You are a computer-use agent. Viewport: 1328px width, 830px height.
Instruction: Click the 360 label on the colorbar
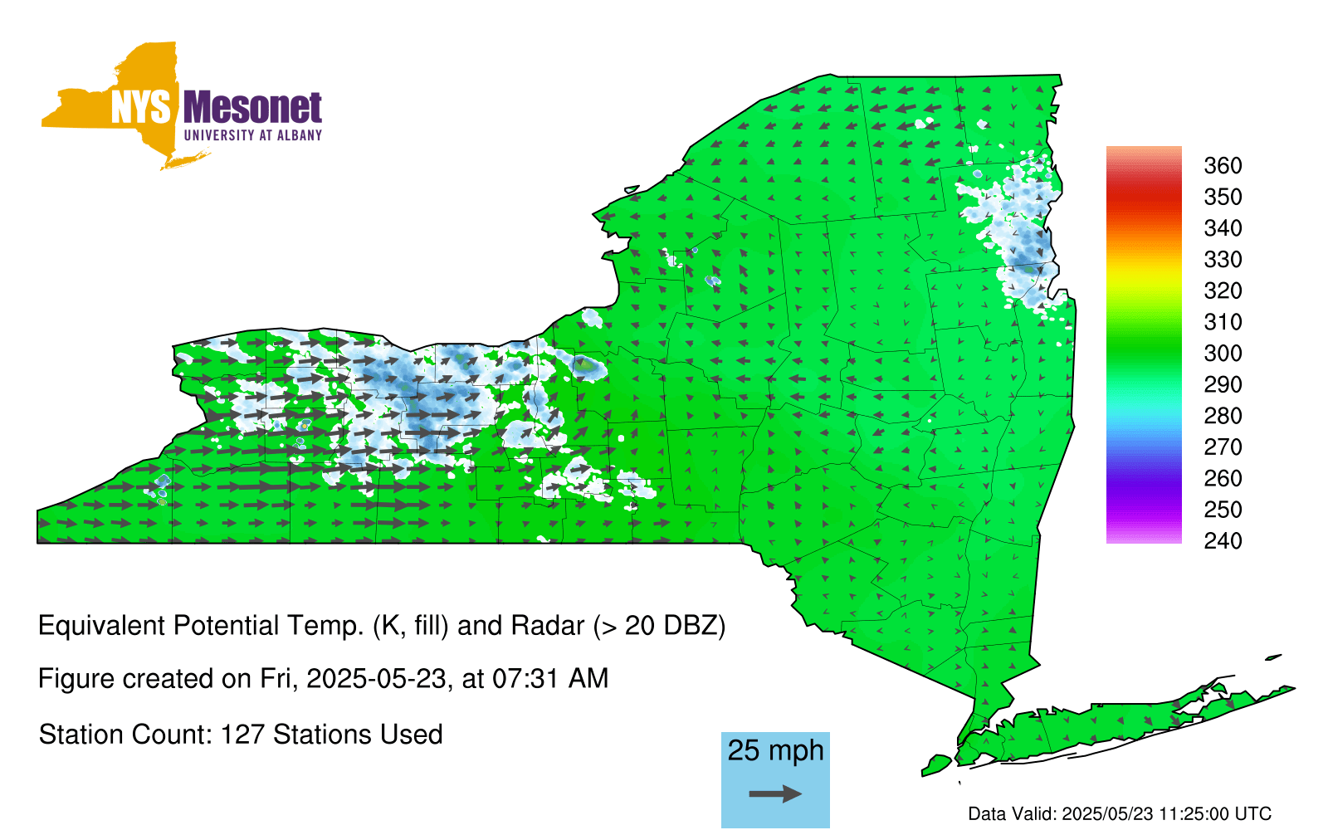pyautogui.click(x=1223, y=165)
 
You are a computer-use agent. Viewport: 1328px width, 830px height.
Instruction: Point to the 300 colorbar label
pyautogui.click(x=1223, y=354)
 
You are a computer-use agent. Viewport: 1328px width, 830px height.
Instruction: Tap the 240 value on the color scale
pyautogui.click(x=1223, y=540)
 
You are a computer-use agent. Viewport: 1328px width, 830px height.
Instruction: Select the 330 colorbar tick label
pyautogui.click(x=1223, y=260)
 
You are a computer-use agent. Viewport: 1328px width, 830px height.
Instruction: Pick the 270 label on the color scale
pyautogui.click(x=1223, y=447)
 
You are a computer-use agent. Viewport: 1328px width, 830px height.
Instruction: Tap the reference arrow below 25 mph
pyautogui.click(x=775, y=793)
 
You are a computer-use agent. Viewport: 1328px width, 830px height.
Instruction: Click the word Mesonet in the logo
pyautogui.click(x=252, y=107)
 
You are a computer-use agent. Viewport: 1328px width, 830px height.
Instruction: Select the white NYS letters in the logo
pyautogui.click(x=141, y=107)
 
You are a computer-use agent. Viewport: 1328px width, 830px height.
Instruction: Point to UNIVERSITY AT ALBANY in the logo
pyautogui.click(x=253, y=135)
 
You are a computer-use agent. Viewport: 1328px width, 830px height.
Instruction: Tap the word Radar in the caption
pyautogui.click(x=548, y=626)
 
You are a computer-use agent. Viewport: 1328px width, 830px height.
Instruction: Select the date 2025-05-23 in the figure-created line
pyautogui.click(x=376, y=679)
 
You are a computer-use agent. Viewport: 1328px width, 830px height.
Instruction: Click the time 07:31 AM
pyautogui.click(x=551, y=679)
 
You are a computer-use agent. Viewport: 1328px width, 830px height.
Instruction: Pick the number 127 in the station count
pyautogui.click(x=242, y=735)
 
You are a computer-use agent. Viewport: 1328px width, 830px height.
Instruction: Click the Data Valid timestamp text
pyautogui.click(x=1120, y=813)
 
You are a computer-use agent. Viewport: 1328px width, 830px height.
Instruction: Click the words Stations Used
pyautogui.click(x=358, y=735)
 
